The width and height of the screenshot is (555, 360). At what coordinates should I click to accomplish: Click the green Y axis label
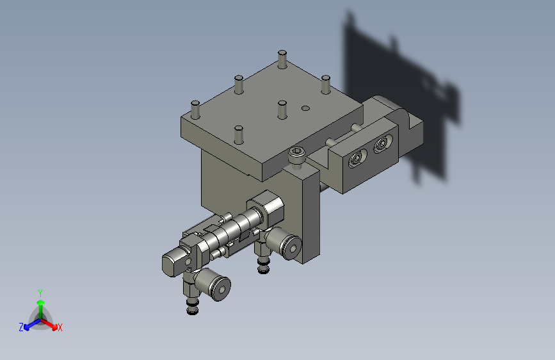(40, 293)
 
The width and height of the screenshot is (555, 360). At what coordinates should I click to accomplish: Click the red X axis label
(60, 327)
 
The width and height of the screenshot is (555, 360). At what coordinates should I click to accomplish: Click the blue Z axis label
(21, 327)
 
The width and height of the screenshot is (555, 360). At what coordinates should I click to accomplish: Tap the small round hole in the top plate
(305, 108)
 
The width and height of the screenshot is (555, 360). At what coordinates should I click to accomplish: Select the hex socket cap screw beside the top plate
(296, 156)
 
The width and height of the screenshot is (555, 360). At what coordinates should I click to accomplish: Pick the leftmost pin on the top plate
(195, 110)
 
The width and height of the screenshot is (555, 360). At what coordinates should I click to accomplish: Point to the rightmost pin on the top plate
(326, 85)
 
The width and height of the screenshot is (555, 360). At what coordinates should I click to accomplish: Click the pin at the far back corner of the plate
(282, 59)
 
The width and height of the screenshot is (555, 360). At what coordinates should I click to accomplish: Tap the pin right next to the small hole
(282, 110)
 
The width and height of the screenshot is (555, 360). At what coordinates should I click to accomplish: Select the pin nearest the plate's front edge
(239, 135)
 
